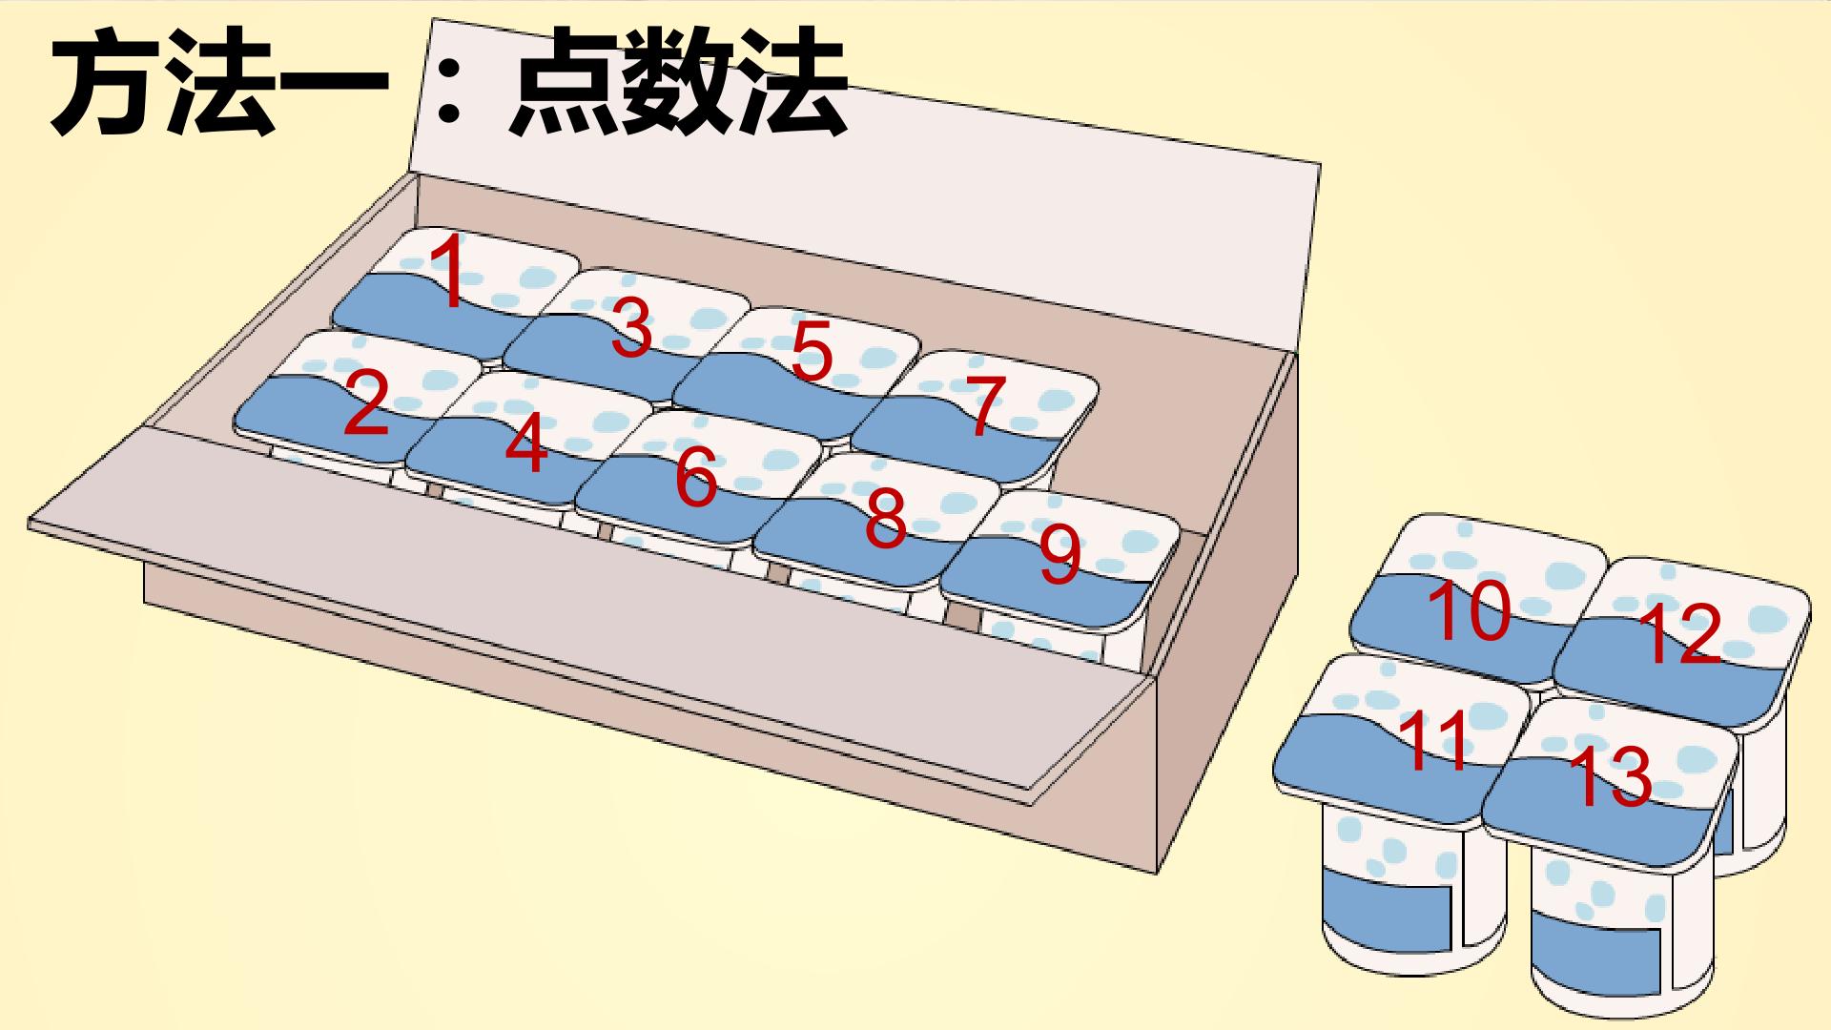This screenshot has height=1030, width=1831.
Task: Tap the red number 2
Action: click(366, 403)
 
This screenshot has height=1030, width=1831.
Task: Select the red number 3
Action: click(631, 327)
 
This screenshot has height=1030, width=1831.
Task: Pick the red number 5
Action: click(812, 350)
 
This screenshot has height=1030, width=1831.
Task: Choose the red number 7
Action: click(985, 406)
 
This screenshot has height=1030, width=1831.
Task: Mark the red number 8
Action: click(885, 519)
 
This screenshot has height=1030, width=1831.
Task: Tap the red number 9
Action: click(1060, 557)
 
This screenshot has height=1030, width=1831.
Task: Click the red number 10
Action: click(1470, 610)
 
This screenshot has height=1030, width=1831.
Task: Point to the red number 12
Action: click(1679, 634)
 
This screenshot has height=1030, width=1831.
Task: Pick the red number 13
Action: click(1610, 776)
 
